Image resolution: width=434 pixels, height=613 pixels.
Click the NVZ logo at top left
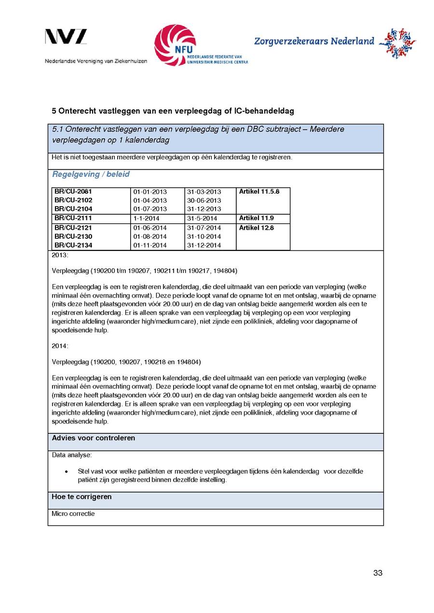[66, 37]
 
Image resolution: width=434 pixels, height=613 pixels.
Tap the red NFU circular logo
[175, 45]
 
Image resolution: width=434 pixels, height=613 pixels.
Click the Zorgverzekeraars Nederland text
[314, 41]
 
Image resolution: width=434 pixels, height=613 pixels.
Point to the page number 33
[378, 573]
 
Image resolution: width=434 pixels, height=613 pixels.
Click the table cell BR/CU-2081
[73, 192]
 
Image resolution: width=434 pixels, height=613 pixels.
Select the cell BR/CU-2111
[73, 218]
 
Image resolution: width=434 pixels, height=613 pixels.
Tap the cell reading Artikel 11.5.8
[259, 192]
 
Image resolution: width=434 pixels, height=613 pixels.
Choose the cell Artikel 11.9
[257, 218]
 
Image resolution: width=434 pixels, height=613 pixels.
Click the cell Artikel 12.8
[257, 228]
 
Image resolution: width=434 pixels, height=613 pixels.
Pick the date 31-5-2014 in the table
[202, 219]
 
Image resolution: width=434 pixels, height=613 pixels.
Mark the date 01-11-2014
[150, 246]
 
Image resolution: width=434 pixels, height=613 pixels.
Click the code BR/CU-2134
[73, 246]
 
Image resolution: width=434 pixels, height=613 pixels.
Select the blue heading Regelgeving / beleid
[91, 174]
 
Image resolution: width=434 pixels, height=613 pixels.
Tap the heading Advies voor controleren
[94, 438]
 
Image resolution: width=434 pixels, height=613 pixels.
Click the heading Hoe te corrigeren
[81, 496]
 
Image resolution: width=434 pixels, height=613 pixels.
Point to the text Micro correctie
[73, 514]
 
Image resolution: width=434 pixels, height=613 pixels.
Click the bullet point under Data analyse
[66, 471]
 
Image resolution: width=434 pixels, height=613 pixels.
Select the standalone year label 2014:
[60, 346]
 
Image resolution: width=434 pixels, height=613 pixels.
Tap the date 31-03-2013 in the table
[204, 192]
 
